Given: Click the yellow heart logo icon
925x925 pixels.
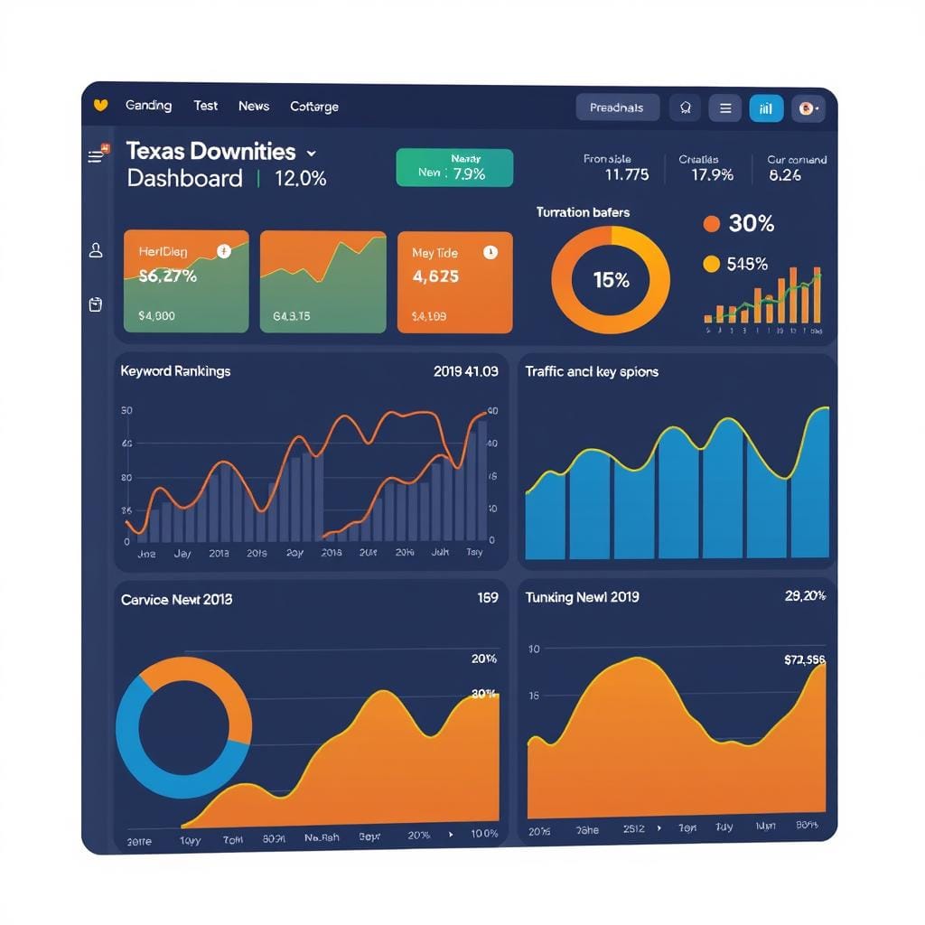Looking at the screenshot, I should pos(100,106).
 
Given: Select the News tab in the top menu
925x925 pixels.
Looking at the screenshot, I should pos(254,106).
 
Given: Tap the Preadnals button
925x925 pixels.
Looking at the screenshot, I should pos(617,107).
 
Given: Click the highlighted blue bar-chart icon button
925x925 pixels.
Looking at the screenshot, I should pos(766,108).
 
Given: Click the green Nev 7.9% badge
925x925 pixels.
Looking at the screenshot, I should pos(453,168).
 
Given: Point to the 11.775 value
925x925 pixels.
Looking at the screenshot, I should pos(626,174).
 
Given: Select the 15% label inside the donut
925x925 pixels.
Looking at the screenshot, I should pos(611,280).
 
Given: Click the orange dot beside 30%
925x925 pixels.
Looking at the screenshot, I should pos(711,223).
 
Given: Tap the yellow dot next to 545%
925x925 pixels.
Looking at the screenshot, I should pos(711,264).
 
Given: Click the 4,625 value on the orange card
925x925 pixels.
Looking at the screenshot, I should pos(434,276).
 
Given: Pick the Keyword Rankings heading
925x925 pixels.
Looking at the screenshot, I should pos(175,370).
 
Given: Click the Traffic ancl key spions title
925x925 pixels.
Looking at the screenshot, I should pos(592,371).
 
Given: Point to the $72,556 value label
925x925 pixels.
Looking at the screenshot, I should pos(804,660).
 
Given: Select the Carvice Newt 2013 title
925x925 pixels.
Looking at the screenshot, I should pos(176,599).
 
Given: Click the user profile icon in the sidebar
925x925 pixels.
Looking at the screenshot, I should pos(96,250).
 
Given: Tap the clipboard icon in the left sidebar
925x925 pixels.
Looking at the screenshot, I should pos(96,304).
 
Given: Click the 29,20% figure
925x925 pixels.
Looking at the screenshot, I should pos(806,595).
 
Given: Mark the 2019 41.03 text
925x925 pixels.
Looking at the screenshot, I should pos(465,370).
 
